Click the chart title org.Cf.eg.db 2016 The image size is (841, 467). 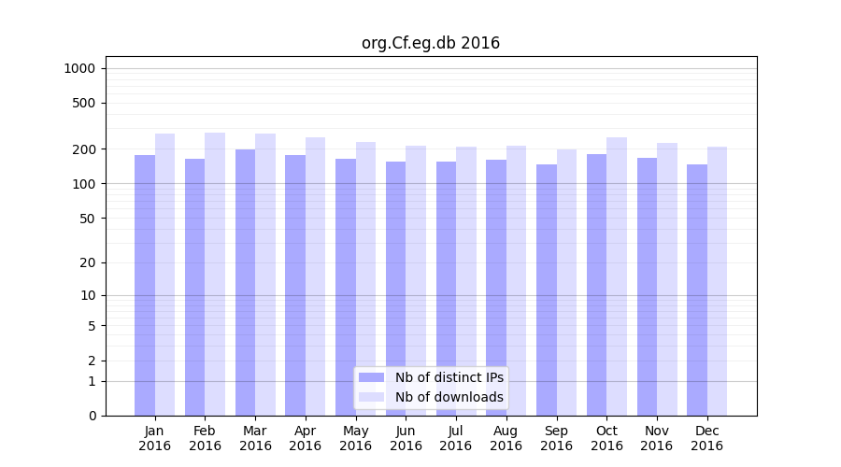click(431, 43)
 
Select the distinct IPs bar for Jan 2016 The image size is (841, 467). click(145, 285)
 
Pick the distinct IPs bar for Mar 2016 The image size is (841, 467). click(245, 282)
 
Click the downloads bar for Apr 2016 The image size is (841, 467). click(315, 276)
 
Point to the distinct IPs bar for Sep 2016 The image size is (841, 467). click(547, 290)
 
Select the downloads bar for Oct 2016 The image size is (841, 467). click(617, 276)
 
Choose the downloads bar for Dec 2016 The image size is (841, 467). click(717, 281)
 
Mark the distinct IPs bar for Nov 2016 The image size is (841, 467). click(647, 287)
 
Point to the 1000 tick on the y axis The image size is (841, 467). click(79, 68)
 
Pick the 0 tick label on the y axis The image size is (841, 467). click(92, 416)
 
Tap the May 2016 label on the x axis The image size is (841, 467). click(356, 438)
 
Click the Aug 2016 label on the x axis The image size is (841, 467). click(506, 438)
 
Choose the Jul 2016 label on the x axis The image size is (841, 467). click(456, 438)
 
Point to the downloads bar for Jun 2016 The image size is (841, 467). click(416, 280)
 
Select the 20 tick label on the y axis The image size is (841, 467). click(88, 262)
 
